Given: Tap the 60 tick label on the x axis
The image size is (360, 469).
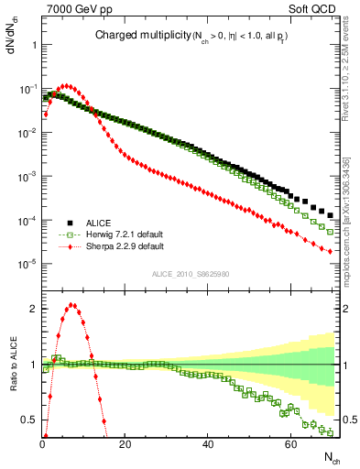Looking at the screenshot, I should [x=291, y=444].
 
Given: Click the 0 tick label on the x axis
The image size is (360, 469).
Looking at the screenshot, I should [x=42, y=444].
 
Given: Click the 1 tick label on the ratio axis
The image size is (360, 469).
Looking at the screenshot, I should [x=34, y=365].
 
